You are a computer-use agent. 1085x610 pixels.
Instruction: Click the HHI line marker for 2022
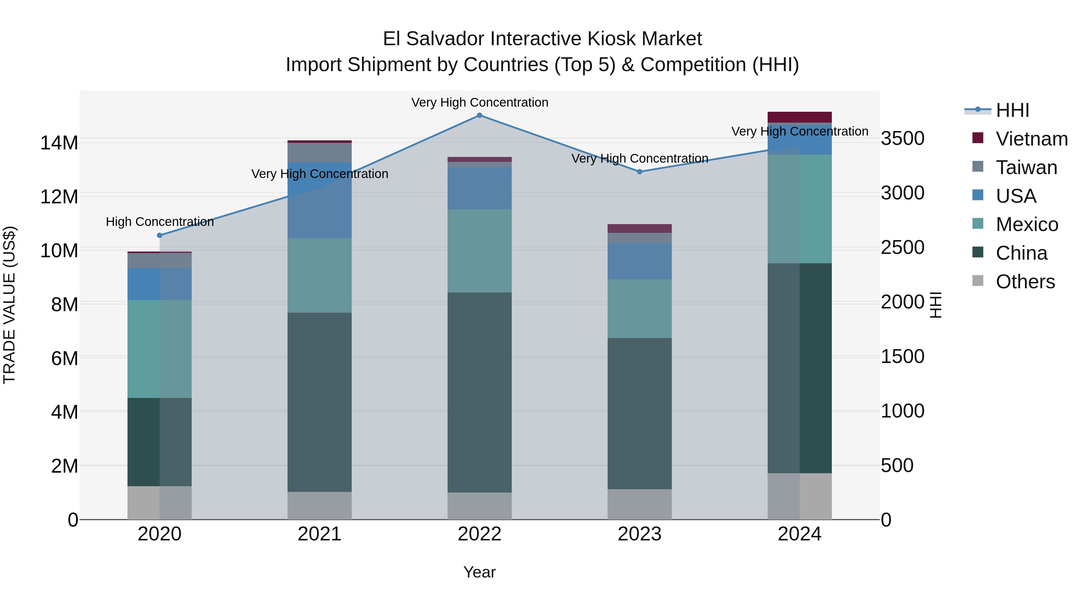(x=479, y=115)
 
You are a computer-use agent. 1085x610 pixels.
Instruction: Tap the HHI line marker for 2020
(x=160, y=235)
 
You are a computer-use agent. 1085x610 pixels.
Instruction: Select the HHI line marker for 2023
(x=639, y=171)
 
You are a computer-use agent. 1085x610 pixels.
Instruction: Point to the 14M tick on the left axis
(x=59, y=143)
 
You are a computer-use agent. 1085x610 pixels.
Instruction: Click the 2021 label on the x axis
(x=319, y=534)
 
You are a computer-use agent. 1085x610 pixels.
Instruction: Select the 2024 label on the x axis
(x=799, y=534)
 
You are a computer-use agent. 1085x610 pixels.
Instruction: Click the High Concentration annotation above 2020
(x=160, y=222)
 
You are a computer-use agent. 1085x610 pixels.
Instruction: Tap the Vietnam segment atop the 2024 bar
(x=799, y=117)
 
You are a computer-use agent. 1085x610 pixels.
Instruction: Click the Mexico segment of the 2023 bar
(x=639, y=308)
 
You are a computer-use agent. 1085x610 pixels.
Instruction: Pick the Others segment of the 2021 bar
(x=319, y=505)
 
